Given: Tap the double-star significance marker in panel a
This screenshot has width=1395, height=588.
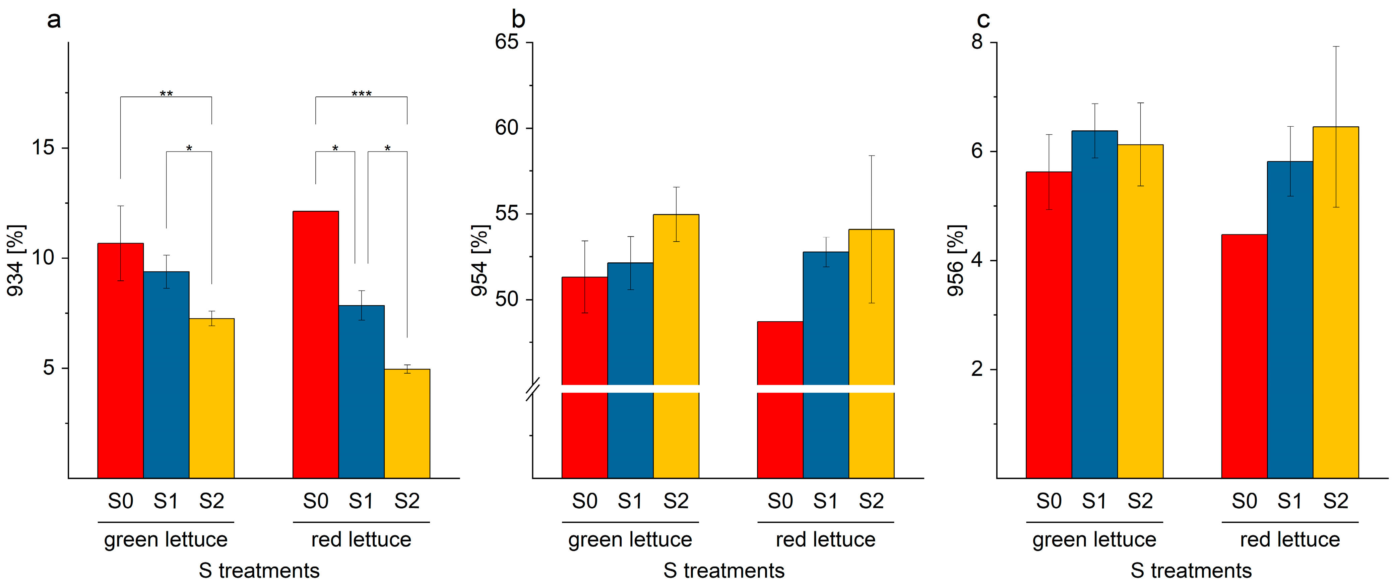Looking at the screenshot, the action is click(x=166, y=94).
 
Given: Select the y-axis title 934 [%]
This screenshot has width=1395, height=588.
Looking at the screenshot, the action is click(x=16, y=260).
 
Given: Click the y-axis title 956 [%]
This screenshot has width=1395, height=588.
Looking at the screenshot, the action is click(x=956, y=260).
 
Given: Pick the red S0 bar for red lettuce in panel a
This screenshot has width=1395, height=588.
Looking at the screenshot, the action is click(x=316, y=344).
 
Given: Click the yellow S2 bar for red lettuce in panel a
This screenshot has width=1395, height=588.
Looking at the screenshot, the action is click(x=407, y=423).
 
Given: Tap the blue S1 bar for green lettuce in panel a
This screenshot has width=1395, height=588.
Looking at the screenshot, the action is click(x=166, y=375).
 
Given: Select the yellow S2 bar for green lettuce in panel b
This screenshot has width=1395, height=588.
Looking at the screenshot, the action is click(x=676, y=346).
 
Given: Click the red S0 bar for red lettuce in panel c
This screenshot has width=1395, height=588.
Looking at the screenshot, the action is click(x=1245, y=356).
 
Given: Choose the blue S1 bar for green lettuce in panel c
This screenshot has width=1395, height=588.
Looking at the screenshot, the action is click(x=1094, y=304).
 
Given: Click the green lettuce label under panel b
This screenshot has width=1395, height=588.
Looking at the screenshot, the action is click(x=630, y=540).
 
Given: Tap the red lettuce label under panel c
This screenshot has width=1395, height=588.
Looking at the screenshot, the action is click(x=1290, y=540).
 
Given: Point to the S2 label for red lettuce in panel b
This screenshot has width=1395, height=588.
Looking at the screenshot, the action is click(x=871, y=501).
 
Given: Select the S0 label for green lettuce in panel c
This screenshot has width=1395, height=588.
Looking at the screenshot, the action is click(x=1049, y=501).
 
